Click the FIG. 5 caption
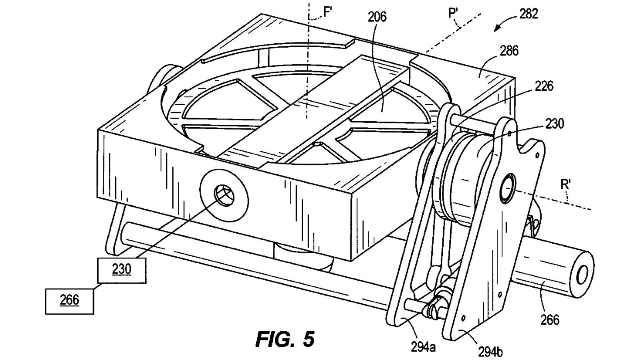(285, 339)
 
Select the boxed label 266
(69, 300)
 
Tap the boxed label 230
(122, 269)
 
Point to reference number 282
(529, 14)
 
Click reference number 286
(509, 51)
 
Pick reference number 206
(378, 17)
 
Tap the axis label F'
(328, 12)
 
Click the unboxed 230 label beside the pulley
(554, 124)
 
